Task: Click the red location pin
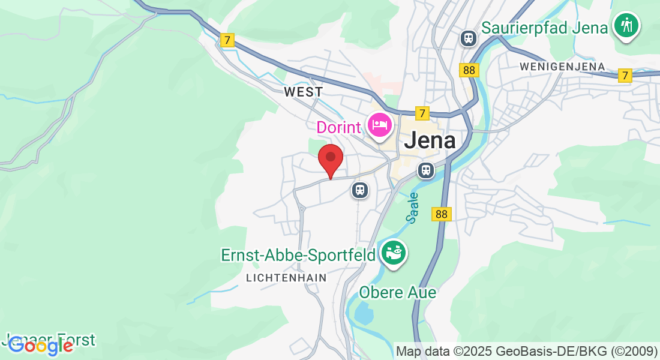[x=330, y=159]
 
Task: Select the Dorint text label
[x=339, y=127]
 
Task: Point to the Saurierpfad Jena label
[x=545, y=28]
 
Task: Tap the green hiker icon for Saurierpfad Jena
[x=626, y=25]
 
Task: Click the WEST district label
[x=303, y=92]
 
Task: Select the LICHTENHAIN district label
[x=287, y=278]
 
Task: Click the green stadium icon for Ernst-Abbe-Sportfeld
[x=394, y=253]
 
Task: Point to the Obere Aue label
[x=397, y=293]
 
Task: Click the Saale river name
[x=413, y=208]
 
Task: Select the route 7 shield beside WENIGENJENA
[x=625, y=76]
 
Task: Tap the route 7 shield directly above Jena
[x=422, y=113]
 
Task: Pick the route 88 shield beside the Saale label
[x=441, y=214]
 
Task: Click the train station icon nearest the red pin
[x=360, y=190]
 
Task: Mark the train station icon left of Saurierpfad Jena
[x=468, y=38]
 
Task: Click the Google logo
[x=40, y=346]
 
